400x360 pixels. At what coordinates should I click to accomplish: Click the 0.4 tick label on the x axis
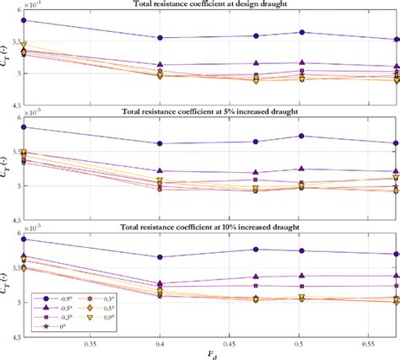tap(160, 345)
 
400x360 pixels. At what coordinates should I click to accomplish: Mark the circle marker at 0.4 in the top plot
tap(160, 38)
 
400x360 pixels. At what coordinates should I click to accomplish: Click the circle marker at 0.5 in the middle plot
tap(300, 136)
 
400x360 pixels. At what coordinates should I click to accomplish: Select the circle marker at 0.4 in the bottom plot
tap(160, 257)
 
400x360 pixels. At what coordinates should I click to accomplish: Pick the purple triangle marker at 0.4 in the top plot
tap(160, 65)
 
